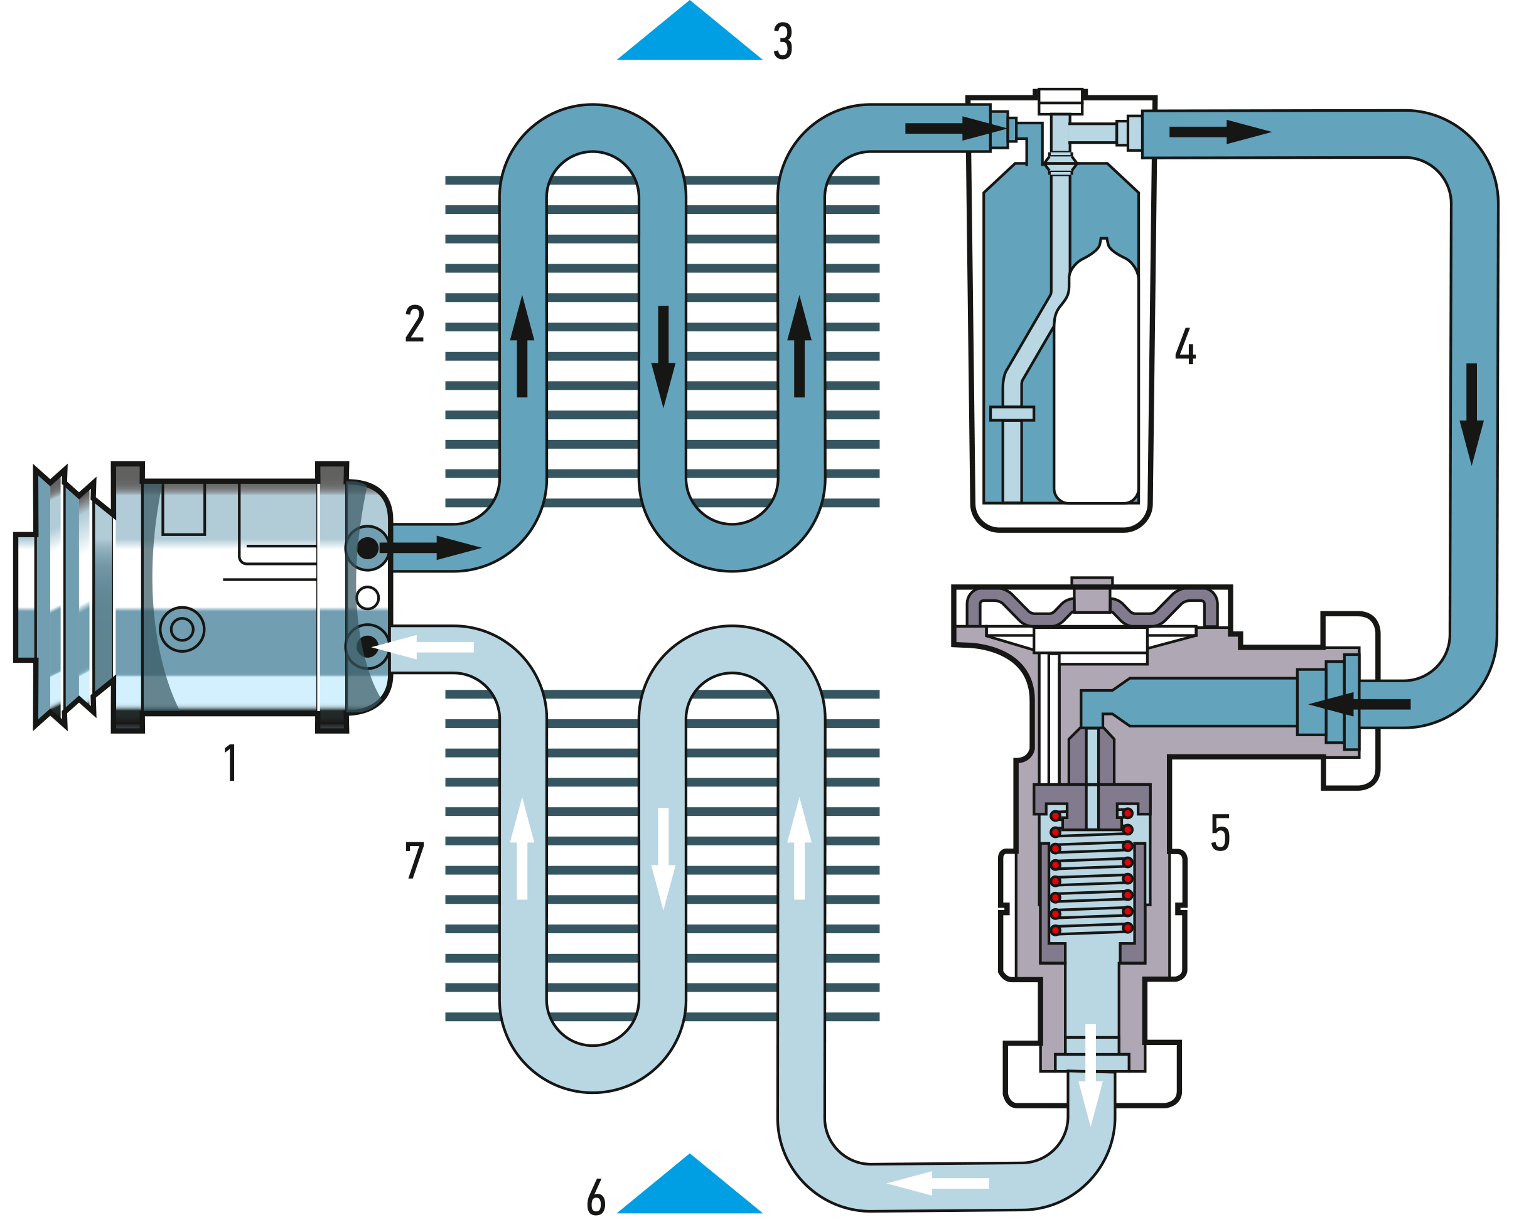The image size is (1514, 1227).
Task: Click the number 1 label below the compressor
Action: [230, 764]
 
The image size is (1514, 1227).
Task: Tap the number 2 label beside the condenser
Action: [415, 324]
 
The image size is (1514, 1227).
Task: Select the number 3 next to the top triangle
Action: [783, 41]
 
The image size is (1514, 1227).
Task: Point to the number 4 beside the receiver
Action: [1185, 346]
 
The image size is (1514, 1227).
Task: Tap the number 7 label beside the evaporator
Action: [415, 860]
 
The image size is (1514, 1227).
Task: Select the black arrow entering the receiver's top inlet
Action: [954, 129]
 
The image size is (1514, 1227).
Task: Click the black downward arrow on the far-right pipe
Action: [1471, 414]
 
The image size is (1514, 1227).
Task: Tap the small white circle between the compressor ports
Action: [368, 598]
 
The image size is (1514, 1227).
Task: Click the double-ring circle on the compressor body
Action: [183, 629]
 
